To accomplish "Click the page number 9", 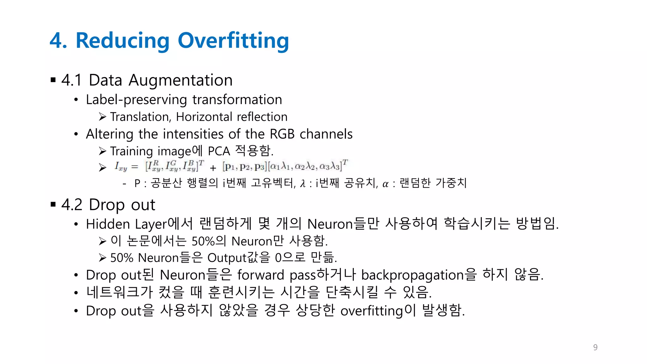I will pyautogui.click(x=595, y=347).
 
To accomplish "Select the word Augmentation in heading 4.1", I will pyautogui.click(x=180, y=80).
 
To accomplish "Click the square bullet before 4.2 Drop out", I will pyautogui.click(x=53, y=204).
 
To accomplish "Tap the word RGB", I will pyautogui.click(x=282, y=134).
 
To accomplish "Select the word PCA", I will pyautogui.click(x=219, y=151).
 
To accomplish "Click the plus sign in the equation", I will pyautogui.click(x=213, y=168).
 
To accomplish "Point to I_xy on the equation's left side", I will pyautogui.click(x=121, y=167).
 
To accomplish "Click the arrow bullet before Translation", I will pyautogui.click(x=102, y=117).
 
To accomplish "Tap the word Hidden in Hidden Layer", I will pyautogui.click(x=108, y=224).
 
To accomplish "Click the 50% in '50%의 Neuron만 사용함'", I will pyautogui.click(x=203, y=241).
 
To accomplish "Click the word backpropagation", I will pyautogui.click(x=412, y=275).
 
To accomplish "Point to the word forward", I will pyautogui.click(x=261, y=275).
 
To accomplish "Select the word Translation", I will pyautogui.click(x=140, y=117).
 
